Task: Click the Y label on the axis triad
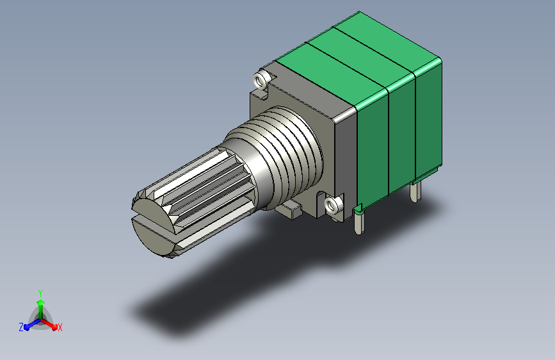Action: (40, 293)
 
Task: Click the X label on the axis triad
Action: (60, 327)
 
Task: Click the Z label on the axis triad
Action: (21, 327)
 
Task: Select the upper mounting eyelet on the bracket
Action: (261, 79)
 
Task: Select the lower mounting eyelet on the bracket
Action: (333, 205)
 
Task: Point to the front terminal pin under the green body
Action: (358, 222)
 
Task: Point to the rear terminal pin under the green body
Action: (415, 192)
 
